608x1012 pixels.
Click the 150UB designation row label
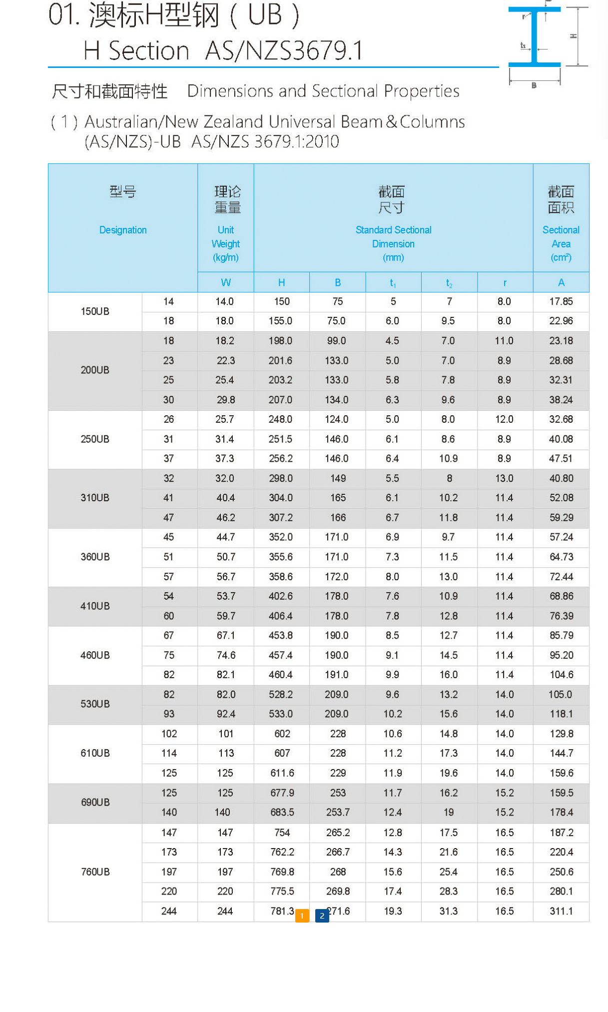pos(95,311)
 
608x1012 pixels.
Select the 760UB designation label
pos(95,872)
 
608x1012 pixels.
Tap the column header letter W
pos(226,283)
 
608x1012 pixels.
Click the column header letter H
pos(282,283)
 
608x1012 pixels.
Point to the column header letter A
pos(561,283)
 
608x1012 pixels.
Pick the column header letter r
pos(505,283)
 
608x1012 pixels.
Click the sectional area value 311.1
pos(561,911)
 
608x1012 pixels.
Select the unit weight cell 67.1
pos(226,635)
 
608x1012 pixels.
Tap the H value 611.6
pos(282,773)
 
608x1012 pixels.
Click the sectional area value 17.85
pos(561,301)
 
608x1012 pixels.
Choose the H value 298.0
pos(281,478)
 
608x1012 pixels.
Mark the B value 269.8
pos(338,891)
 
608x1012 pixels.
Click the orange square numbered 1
pos(302,916)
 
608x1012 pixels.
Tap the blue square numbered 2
pos(322,916)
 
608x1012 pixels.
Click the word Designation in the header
pos(123,230)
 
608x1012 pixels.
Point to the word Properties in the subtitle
pos(422,91)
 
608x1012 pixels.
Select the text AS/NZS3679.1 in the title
pos(284,51)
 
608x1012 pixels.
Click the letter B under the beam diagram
pos(534,85)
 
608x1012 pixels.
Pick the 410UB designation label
pos(95,606)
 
